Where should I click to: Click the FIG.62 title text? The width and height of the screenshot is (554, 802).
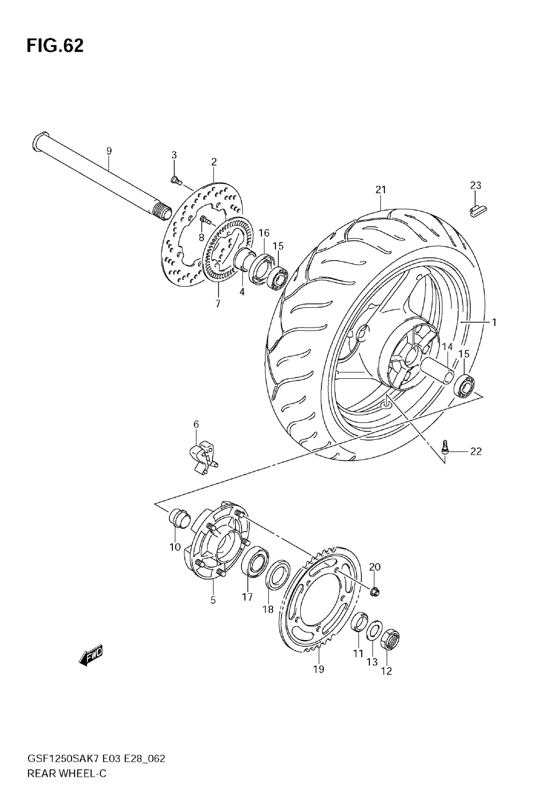[55, 46]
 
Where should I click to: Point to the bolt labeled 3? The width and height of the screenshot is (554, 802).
[176, 180]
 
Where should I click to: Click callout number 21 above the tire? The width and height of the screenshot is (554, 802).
[380, 190]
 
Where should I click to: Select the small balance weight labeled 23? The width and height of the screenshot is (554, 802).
[478, 211]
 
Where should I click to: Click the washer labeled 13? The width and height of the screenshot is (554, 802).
[374, 630]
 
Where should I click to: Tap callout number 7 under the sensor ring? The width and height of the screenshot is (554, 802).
[218, 304]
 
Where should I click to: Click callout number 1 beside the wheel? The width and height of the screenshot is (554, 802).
[494, 322]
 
